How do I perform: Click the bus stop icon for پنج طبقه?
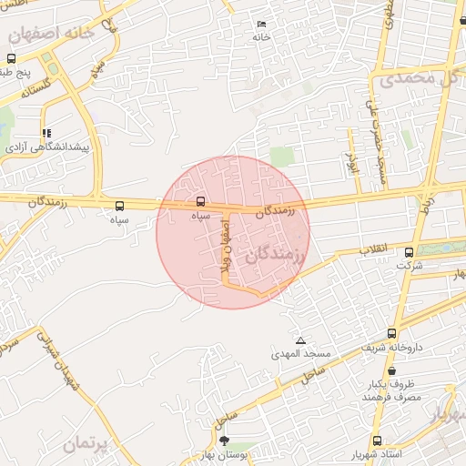coord(11,58)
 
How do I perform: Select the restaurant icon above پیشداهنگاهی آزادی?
coord(46,133)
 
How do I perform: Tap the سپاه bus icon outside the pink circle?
coord(120,206)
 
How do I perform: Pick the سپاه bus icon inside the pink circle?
coord(201,201)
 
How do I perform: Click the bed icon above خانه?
coord(262,24)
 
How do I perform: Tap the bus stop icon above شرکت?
coord(408,253)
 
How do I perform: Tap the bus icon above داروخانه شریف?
coord(392,333)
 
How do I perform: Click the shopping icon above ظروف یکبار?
coord(391,370)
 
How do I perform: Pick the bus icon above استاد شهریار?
coord(378,441)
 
